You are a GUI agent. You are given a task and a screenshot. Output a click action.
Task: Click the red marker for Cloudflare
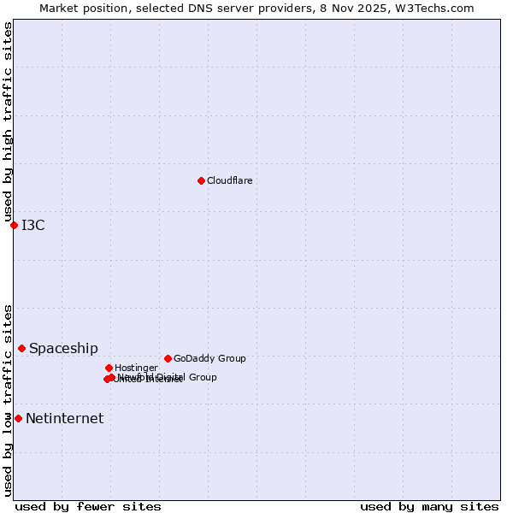pos(201,180)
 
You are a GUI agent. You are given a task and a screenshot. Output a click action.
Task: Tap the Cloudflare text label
pos(230,180)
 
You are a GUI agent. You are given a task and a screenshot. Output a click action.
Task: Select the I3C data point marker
pos(14,225)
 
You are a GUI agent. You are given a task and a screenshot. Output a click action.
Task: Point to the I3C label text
pos(33,225)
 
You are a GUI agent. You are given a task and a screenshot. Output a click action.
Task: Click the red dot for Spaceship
pos(21,348)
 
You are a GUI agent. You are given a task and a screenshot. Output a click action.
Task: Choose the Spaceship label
pos(63,348)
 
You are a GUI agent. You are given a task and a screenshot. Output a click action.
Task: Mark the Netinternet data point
pos(18,418)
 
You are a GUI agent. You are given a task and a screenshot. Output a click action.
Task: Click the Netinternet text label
pos(64,418)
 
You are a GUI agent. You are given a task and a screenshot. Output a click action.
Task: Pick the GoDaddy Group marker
pos(168,358)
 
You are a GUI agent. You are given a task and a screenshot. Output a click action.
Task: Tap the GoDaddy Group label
pos(209,358)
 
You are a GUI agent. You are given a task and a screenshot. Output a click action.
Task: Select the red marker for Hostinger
pos(109,368)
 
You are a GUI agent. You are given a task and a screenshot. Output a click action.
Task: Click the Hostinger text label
pos(136,368)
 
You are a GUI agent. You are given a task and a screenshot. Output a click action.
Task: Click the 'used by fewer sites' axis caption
pos(88,506)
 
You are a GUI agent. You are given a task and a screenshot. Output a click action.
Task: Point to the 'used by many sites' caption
pos(429,506)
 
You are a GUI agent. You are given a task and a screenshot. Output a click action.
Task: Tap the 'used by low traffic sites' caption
pos(8,400)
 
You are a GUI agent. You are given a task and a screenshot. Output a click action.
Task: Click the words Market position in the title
pos(81,8)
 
